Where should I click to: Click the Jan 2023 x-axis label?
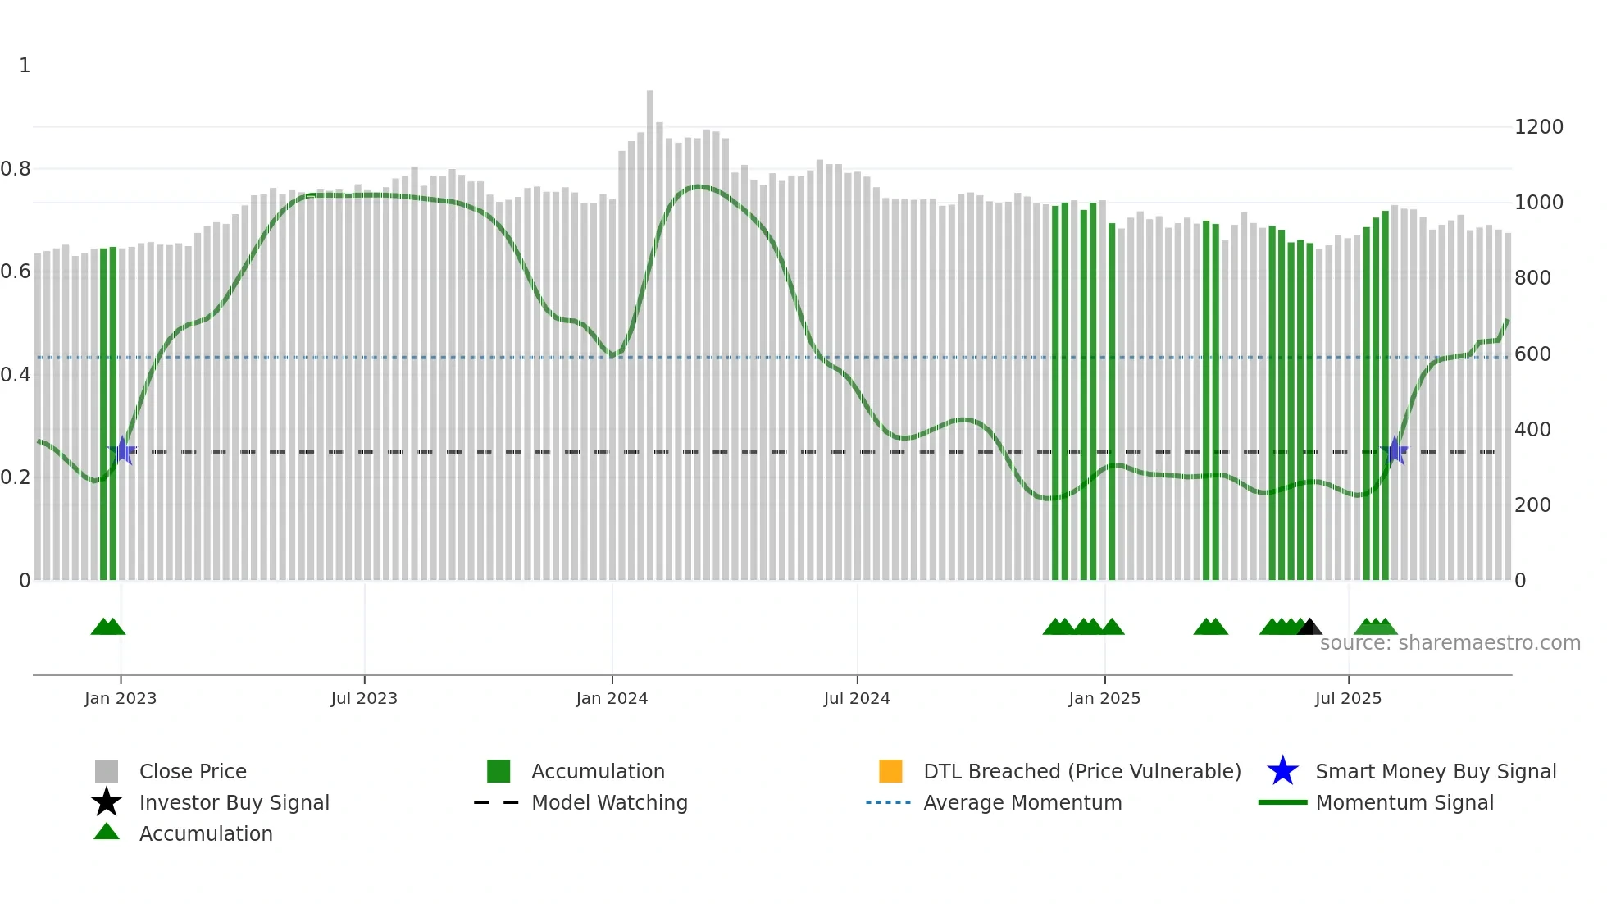121,698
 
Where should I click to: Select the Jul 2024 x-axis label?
857,698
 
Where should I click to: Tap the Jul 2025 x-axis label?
1348,698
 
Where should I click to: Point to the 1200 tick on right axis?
1538,127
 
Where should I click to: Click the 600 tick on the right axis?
1532,354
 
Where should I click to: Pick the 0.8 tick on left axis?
16,169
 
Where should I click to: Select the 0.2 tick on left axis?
16,477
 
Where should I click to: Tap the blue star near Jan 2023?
123,450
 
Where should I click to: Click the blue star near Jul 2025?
1395,450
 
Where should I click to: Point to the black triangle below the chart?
1309,628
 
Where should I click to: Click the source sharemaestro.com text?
1450,643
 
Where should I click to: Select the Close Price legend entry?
193,771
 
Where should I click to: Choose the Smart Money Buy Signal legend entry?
1435,771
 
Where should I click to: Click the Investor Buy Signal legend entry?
234,802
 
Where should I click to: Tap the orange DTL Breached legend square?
890,771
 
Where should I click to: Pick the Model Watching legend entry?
609,802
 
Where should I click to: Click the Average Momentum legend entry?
1022,802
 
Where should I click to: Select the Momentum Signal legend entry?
1404,802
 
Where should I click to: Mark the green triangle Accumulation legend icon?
107,832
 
